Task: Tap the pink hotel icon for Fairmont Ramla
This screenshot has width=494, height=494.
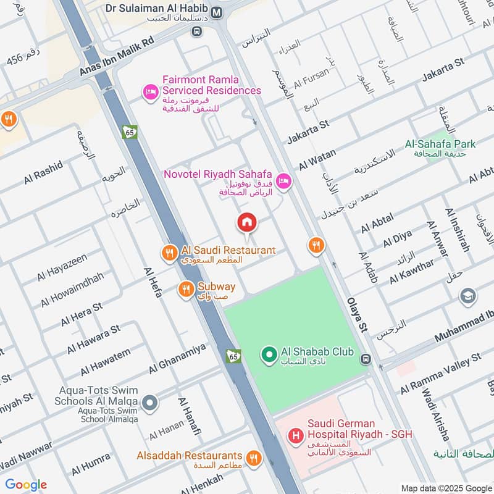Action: coord(149,92)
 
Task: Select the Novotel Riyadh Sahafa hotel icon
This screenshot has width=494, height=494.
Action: coord(283,181)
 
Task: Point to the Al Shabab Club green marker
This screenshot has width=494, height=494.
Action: coord(269,354)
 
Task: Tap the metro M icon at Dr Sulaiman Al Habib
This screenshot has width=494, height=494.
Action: coord(217,12)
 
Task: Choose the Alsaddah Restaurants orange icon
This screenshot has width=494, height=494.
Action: coord(253,459)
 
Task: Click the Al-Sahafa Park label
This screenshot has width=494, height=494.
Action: coord(440,144)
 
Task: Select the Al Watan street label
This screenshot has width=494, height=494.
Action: coord(318,159)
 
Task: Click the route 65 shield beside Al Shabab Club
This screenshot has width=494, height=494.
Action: coord(233,356)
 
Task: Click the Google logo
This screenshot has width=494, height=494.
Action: coord(26,485)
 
